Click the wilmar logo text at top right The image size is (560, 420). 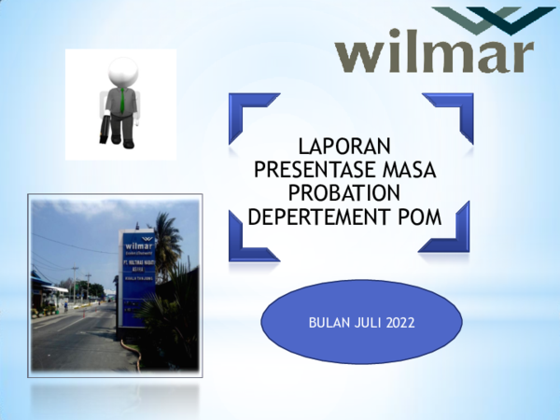click(x=435, y=54)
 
